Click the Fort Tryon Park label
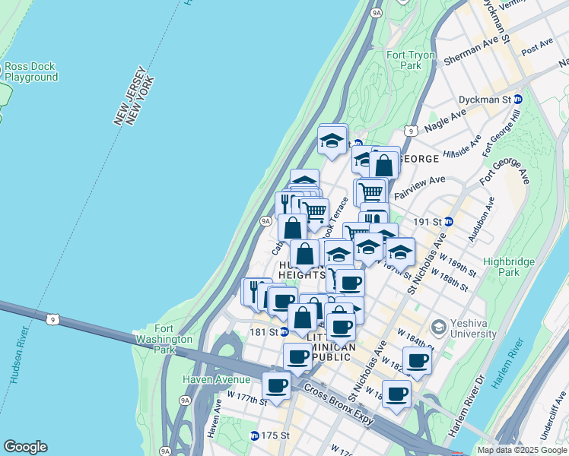[x=404, y=60]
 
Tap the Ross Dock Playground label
[x=31, y=71]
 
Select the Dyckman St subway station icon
[x=518, y=100]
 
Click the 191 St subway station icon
[x=449, y=221]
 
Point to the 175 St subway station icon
[x=255, y=435]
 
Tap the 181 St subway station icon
[x=284, y=332]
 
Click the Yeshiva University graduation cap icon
[x=437, y=327]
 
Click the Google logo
[x=25, y=447]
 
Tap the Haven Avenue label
[x=216, y=379]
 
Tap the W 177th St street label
[x=247, y=398]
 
